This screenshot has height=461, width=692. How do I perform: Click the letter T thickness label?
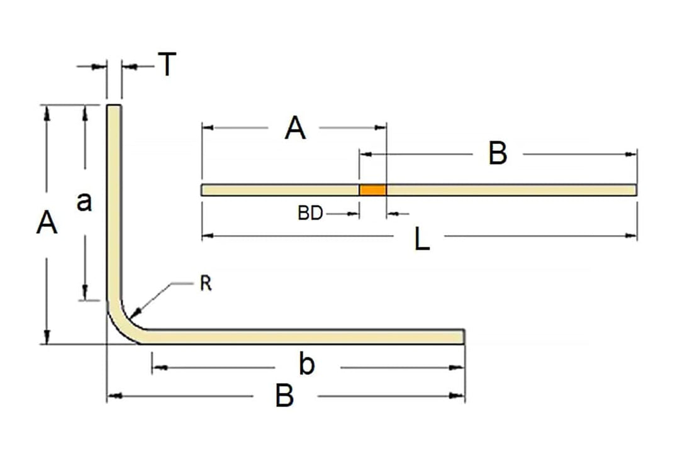tap(166, 64)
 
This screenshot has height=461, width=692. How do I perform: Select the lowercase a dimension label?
tap(84, 203)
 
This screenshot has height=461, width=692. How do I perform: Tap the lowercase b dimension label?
tap(306, 365)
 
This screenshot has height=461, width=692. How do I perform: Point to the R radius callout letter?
tap(206, 284)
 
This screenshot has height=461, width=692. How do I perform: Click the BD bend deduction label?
tap(310, 214)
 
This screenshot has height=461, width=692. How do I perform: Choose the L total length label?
tap(422, 240)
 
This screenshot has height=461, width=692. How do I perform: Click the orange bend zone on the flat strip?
tap(372, 190)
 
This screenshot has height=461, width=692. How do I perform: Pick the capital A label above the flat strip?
tap(295, 130)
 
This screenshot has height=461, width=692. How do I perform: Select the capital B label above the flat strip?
tap(498, 154)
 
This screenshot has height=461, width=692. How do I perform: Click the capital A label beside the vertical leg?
tap(47, 223)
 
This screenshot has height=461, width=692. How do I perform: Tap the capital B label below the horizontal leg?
tap(284, 396)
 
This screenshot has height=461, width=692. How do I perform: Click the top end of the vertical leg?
tap(114, 107)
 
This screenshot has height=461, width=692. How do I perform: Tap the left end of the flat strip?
tap(203, 190)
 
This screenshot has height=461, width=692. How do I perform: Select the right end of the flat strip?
tap(635, 190)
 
